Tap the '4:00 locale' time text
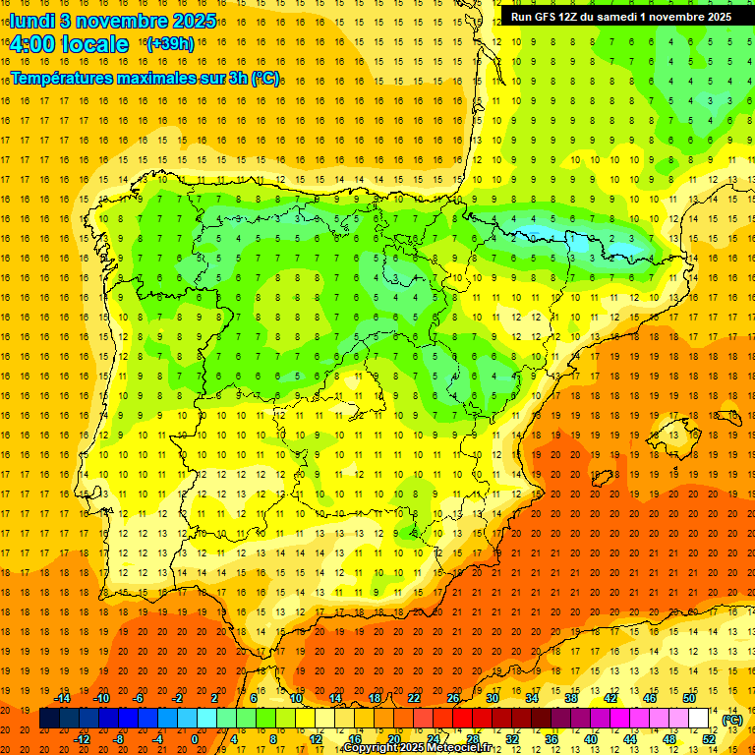click(69, 44)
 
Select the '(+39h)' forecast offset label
click(169, 44)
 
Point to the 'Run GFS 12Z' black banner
click(620, 17)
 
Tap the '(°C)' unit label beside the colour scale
click(732, 720)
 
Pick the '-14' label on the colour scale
click(63, 698)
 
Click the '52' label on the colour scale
click(709, 739)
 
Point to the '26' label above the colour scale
click(453, 698)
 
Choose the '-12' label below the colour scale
click(83, 739)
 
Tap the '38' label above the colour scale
click(570, 698)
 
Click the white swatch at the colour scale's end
click(699, 719)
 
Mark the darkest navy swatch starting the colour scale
click(49, 719)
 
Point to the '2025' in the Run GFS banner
click(717, 17)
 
